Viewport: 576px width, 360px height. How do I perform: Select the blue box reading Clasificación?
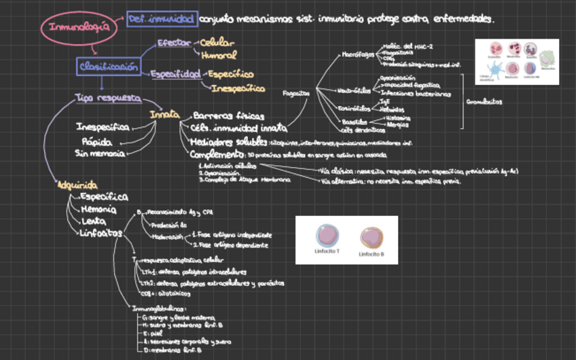point(109,67)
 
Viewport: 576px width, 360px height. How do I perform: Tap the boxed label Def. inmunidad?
point(162,19)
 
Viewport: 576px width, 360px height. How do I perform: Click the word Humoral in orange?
point(218,55)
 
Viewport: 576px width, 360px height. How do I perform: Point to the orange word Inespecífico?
point(238,88)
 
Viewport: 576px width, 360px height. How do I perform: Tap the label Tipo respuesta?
point(108,98)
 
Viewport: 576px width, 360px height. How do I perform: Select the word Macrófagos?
point(357,53)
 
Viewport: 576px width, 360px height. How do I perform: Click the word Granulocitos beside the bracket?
point(484,102)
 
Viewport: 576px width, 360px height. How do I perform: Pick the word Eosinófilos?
point(354,107)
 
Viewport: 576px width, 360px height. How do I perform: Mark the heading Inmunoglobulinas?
point(158,308)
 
